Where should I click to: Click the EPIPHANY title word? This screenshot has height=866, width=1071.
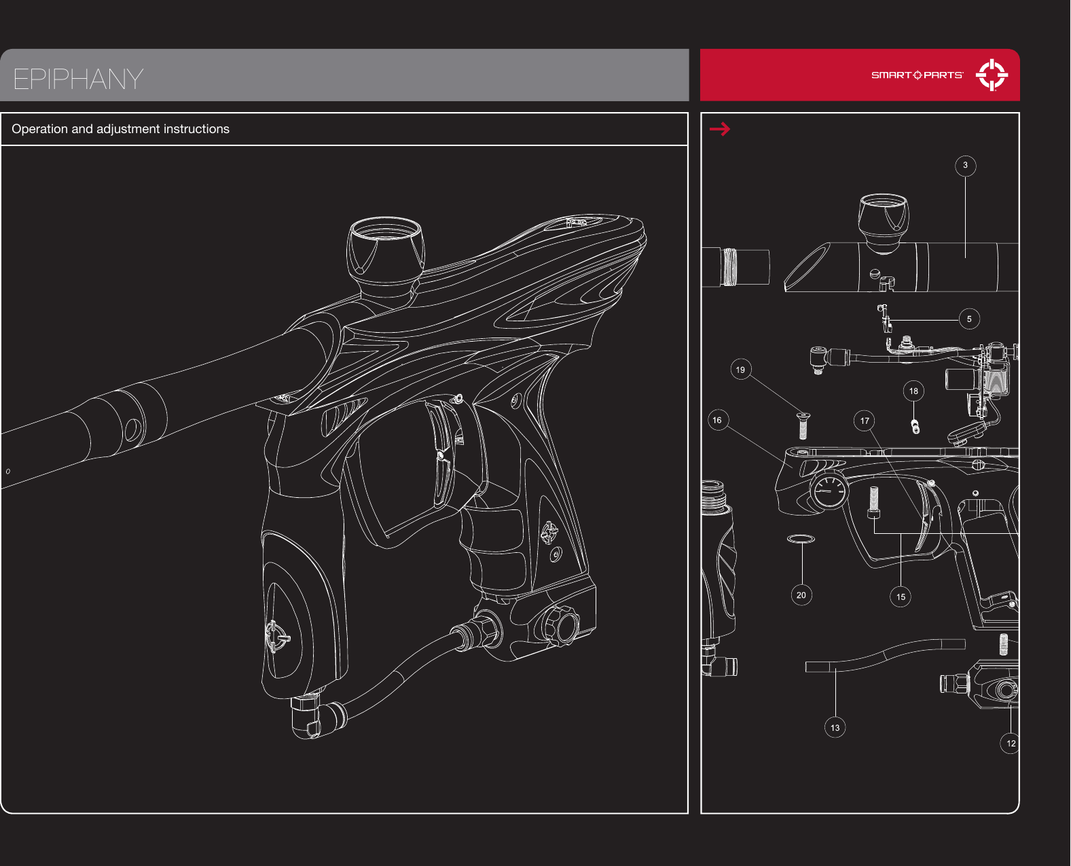click(78, 79)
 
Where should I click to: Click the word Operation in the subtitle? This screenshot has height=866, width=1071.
click(39, 129)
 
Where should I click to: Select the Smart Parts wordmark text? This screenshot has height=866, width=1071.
click(917, 75)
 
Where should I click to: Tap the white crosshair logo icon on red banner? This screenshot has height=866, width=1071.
click(992, 75)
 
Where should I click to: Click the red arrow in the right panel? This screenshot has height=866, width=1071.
click(720, 128)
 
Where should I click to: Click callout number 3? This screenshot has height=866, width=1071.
click(965, 166)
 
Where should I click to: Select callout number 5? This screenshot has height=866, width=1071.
click(969, 319)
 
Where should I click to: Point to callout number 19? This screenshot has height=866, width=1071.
click(740, 370)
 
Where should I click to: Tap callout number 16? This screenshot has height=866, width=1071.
click(717, 420)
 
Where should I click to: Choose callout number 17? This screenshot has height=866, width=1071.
click(865, 421)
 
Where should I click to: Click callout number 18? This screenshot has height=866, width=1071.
click(913, 391)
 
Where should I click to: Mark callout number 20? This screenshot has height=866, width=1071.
click(801, 596)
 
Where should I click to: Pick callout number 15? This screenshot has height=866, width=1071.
click(901, 597)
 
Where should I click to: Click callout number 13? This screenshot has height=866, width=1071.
click(835, 728)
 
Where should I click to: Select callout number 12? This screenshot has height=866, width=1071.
click(1011, 744)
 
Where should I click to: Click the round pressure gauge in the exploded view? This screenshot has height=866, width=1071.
click(829, 490)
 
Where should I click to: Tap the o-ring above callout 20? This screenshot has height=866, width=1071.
click(801, 539)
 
